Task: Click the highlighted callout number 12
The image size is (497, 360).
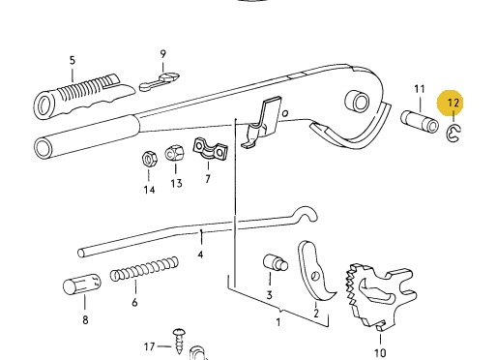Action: (x=453, y=104)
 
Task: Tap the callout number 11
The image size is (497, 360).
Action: (x=420, y=89)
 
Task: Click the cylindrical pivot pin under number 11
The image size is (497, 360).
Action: (x=420, y=122)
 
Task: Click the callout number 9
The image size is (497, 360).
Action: (x=163, y=54)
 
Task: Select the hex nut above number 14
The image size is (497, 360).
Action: (x=149, y=159)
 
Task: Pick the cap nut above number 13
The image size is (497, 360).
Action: (x=175, y=154)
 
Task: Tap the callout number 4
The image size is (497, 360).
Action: (x=200, y=255)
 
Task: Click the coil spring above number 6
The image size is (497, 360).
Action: (x=144, y=269)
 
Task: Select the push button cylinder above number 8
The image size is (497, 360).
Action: (x=81, y=284)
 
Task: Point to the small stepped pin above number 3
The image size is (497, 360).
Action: (x=276, y=262)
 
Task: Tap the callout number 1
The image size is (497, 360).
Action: (x=278, y=322)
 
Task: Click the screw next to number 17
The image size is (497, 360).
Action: (x=178, y=341)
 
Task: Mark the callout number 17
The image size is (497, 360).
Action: (x=149, y=346)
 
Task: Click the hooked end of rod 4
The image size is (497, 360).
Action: (x=307, y=214)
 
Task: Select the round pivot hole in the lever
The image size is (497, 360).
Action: (x=357, y=102)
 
